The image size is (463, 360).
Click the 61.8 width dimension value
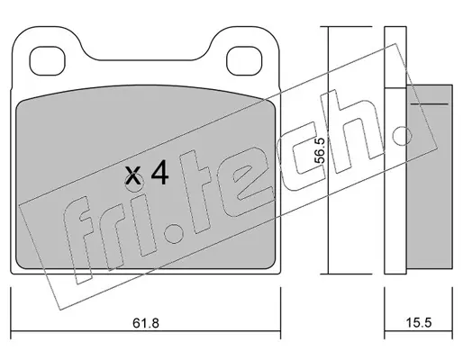[146, 323]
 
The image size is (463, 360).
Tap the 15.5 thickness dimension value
[419, 323]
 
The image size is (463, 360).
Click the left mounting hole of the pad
[48, 61]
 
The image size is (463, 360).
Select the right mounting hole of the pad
[244, 61]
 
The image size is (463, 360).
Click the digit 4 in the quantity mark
[159, 172]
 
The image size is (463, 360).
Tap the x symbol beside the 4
[133, 175]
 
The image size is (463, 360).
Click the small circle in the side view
[403, 136]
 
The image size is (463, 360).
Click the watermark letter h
[353, 130]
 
